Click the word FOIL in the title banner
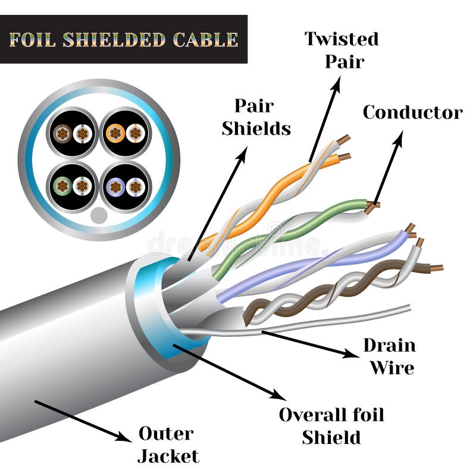click(x=33, y=40)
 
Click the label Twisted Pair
click(x=342, y=50)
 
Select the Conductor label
click(x=412, y=112)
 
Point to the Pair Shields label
click(x=256, y=117)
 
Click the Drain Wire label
click(x=390, y=356)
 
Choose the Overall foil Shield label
click(x=331, y=425)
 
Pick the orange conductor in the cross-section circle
click(x=115, y=133)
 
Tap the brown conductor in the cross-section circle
click(x=62, y=134)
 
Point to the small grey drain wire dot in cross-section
click(x=99, y=215)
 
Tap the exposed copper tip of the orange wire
click(x=344, y=157)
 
